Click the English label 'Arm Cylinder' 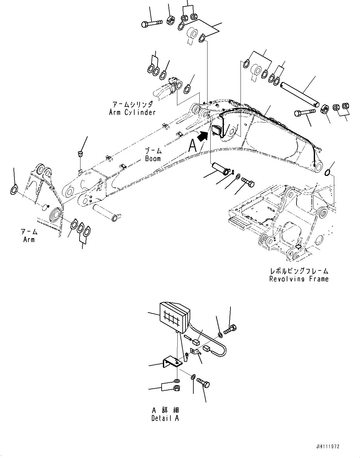[132, 112]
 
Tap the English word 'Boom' [153, 159]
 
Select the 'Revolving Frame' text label [299, 279]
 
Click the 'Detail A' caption [165, 418]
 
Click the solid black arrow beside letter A [202, 136]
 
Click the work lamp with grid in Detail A [174, 317]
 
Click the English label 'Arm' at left [29, 240]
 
